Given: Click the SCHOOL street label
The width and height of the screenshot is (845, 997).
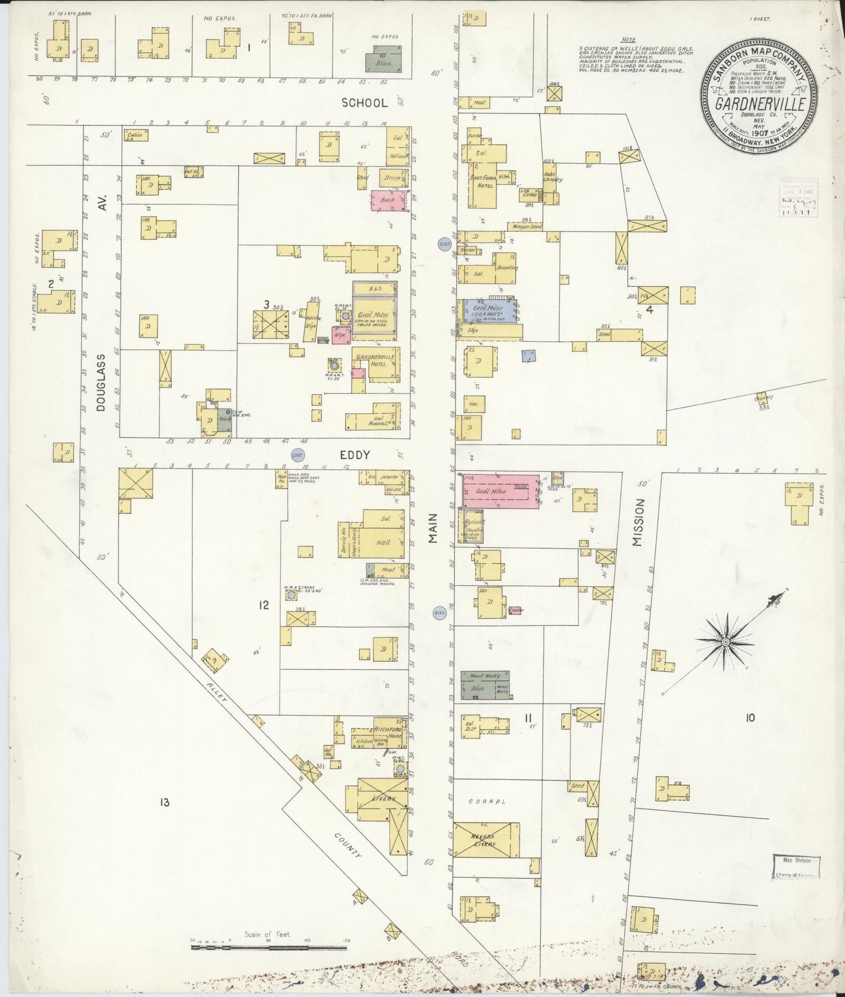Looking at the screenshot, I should tap(364, 102).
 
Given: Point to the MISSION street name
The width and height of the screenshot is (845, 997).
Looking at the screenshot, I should tap(638, 522).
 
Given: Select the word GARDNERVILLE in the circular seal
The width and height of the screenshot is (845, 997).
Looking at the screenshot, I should tap(760, 105).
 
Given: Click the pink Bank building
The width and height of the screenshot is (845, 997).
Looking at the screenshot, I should tap(387, 200).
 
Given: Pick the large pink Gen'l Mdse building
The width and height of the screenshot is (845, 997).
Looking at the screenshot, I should tap(502, 491).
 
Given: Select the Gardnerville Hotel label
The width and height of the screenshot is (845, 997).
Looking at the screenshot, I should tap(375, 360).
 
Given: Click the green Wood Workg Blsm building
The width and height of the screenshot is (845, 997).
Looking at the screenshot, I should tap(484, 685).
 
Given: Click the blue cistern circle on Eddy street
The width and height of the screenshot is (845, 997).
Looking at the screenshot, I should tap(298, 455).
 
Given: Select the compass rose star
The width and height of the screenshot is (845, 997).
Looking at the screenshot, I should tap(725, 642).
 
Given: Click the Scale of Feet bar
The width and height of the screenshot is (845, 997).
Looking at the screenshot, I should tap(269, 946).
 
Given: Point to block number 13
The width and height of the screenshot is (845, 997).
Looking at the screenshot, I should tap(164, 802).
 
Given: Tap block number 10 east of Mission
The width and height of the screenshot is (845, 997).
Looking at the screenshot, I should tap(750, 718).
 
